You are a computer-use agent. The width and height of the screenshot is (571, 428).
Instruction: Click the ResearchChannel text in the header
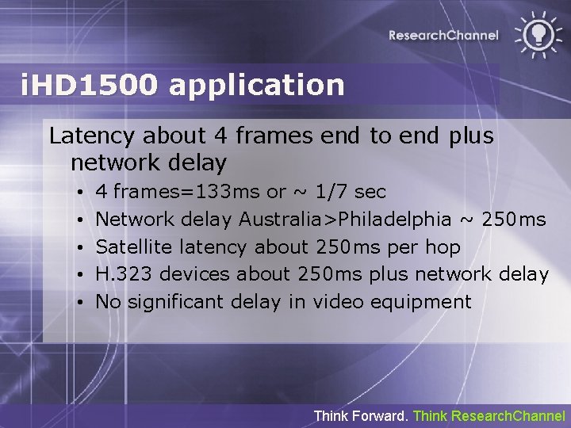pyautogui.click(x=443, y=35)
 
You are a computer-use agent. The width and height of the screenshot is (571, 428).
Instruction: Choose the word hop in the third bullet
pyautogui.click(x=443, y=246)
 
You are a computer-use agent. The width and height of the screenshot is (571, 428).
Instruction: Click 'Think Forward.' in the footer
pyautogui.click(x=362, y=415)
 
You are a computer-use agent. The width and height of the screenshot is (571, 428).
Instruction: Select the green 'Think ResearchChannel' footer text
pyautogui.click(x=489, y=415)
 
